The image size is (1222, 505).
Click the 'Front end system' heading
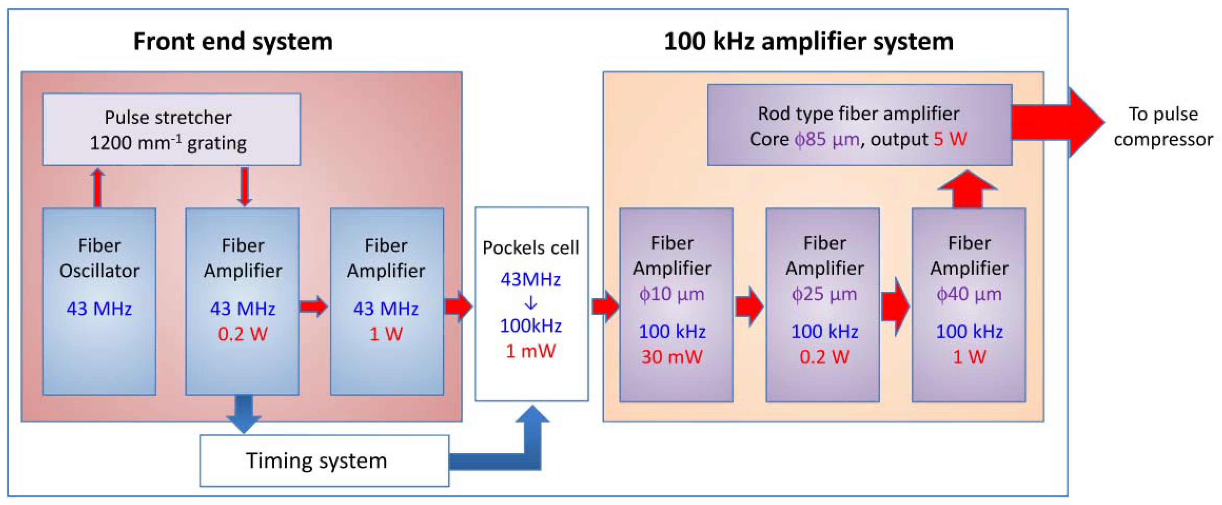(x=233, y=41)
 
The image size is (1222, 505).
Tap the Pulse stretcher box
(x=171, y=129)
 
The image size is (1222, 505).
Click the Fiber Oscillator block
(x=99, y=301)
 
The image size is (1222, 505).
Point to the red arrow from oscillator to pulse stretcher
(x=98, y=187)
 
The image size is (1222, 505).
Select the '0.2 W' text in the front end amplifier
(x=242, y=334)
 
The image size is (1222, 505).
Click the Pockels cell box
(x=531, y=303)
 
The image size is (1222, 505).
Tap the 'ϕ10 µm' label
(x=672, y=294)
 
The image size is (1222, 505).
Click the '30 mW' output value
(x=672, y=356)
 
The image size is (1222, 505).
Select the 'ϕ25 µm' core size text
(x=824, y=294)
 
